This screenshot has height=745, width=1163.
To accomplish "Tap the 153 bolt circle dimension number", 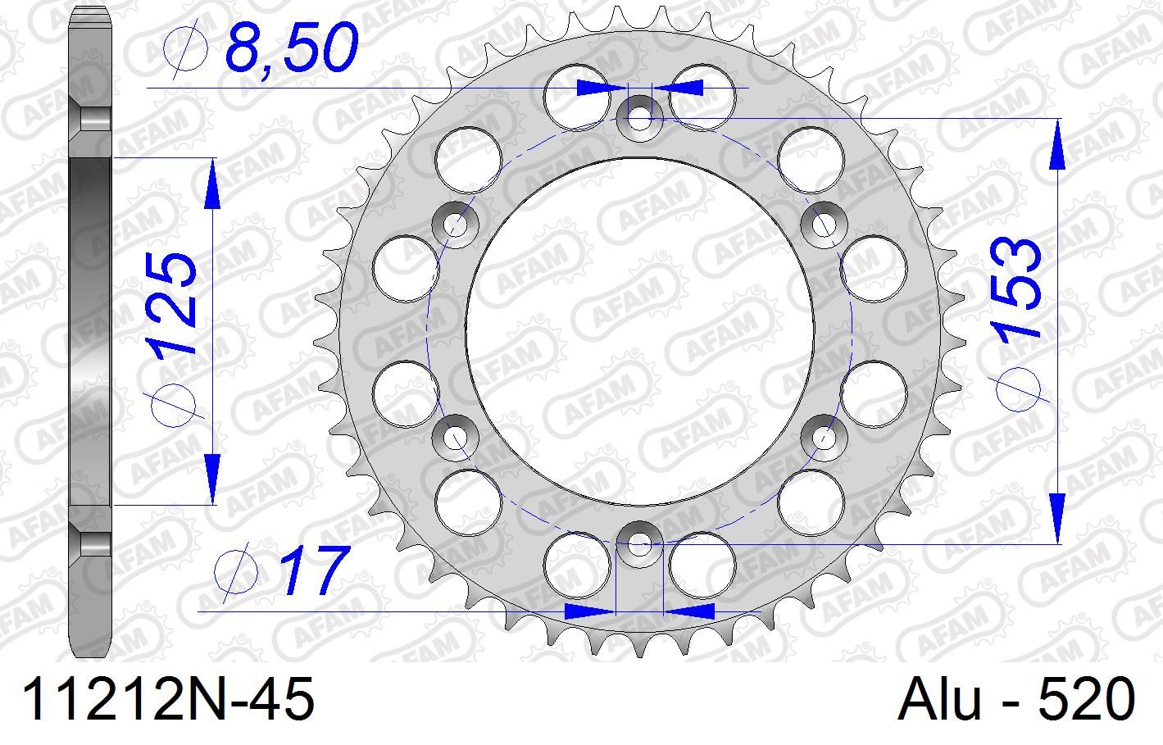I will coord(1016,288).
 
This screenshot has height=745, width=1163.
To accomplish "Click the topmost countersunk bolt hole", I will coord(639,116).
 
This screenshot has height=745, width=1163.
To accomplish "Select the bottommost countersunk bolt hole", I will coord(639,543).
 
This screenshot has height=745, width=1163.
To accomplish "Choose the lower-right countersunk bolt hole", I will coord(824,435).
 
